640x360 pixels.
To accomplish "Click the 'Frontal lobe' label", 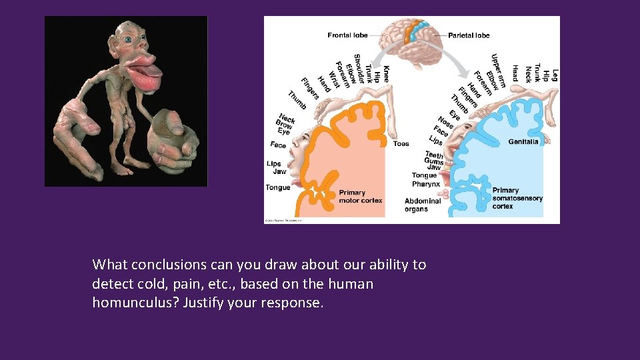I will [x=348, y=35].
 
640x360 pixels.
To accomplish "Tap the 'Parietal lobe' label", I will [x=469, y=35].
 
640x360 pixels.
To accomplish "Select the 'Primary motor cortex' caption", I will [x=361, y=196].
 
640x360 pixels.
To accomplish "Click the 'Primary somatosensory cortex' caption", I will [x=517, y=198].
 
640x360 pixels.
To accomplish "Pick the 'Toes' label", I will [x=401, y=143].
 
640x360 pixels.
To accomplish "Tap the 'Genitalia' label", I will [x=523, y=141].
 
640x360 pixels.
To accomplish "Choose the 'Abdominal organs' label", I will [x=422, y=205].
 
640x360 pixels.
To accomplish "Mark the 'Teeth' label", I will [x=433, y=155].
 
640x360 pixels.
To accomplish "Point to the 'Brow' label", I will [x=285, y=125].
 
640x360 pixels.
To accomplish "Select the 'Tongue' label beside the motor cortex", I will [x=278, y=187].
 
